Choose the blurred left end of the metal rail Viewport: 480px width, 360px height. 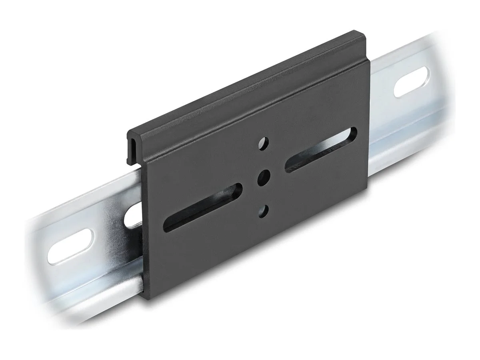click(38, 256)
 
